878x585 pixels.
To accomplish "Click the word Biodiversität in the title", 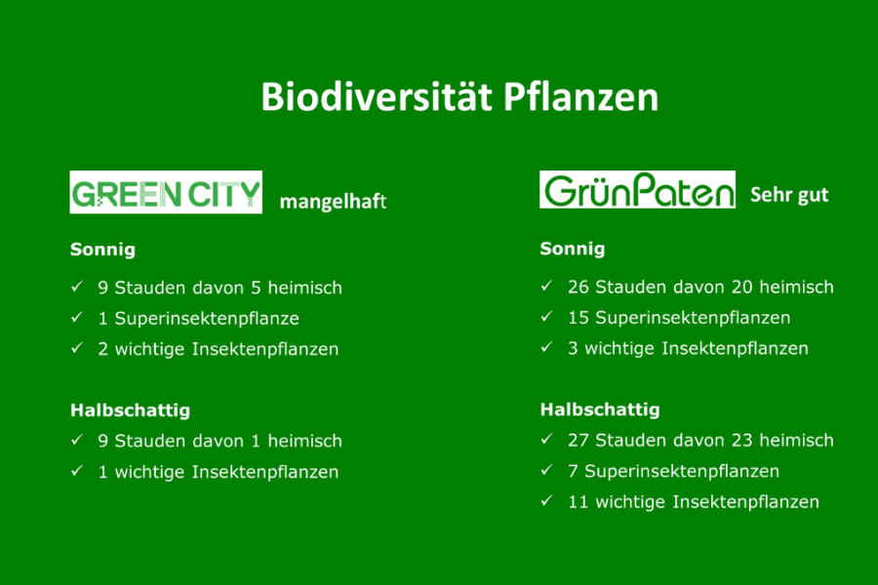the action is point(377,97).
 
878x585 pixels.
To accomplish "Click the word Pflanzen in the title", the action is point(580,97).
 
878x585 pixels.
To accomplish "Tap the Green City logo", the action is point(166,192).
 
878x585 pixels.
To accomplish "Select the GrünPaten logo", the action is point(637,190).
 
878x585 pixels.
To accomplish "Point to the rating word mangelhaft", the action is point(333,202).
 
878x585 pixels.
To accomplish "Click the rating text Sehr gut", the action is point(789,194).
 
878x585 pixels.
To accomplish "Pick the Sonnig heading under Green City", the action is point(102,250).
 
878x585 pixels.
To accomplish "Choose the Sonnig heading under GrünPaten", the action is point(573,249).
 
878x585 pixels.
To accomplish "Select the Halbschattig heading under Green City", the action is point(130,410).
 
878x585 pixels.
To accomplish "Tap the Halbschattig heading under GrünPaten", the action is point(600,409).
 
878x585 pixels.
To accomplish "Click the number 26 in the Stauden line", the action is point(578,288).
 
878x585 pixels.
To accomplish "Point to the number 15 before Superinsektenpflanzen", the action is point(578,318).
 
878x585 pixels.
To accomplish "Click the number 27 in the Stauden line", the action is point(578,441).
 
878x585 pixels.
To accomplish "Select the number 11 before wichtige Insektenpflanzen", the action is point(578,502).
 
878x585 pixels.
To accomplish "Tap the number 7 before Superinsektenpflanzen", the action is point(573,471).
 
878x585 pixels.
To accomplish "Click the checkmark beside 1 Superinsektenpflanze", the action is point(77,318).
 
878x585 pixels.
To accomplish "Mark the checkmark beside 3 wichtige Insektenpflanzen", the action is point(546,348).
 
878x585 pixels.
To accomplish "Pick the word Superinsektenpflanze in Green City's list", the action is point(207,319).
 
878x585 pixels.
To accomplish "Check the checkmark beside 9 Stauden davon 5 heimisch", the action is point(77,287).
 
